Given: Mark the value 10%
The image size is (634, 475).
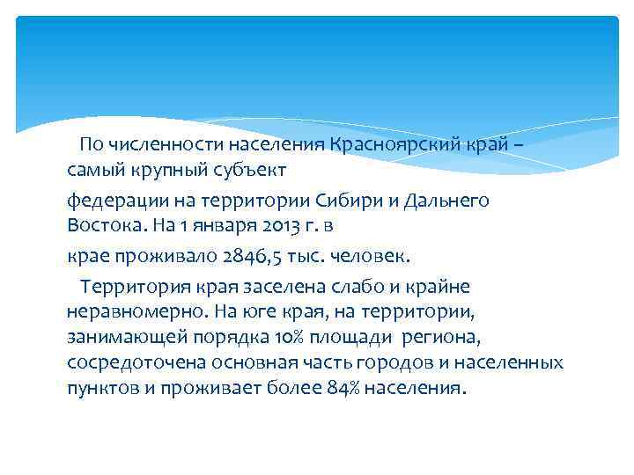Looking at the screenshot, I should pyautogui.click(x=289, y=338).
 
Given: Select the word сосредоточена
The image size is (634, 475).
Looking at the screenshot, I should pyautogui.click(x=129, y=363).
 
